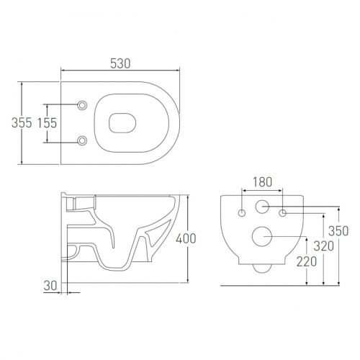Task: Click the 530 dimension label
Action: click(120, 63)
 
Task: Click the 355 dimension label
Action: click(22, 122)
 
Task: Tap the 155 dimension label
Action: click(48, 122)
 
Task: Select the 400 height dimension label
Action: click(186, 238)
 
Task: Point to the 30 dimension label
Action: click(50, 285)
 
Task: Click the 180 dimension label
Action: click(262, 182)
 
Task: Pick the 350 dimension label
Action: click(338, 231)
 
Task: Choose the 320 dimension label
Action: click(324, 246)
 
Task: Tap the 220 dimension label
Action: click(307, 261)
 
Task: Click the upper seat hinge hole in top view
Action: click(82, 105)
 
